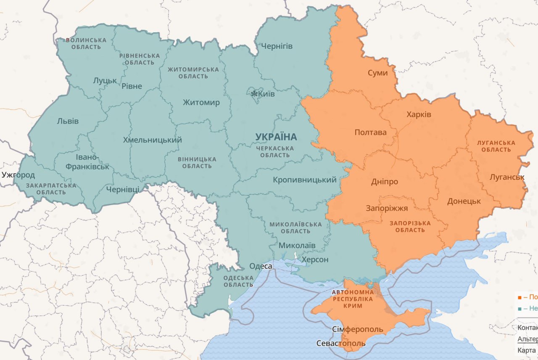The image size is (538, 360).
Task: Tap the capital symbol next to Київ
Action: pos(254,94)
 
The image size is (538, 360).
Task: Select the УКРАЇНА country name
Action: pos(276,137)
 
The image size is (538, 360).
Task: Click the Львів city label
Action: pos(68,121)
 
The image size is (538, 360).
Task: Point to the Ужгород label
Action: pos(18,175)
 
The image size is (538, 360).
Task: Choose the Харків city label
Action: pos(419,114)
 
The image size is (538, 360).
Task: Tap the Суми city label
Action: pos(377,73)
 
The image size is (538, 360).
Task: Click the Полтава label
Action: pos(370,132)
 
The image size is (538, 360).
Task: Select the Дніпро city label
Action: pos(384,182)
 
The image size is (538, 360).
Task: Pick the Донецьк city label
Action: pos(464,201)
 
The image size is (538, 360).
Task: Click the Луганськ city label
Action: pos(507,177)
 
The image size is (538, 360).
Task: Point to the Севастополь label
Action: pos(341,344)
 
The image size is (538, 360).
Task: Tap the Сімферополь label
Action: pos(357,329)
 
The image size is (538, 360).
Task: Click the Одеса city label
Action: pos(261,266)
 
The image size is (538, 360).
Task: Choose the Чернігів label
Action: pos(277,46)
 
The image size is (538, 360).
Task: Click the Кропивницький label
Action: pos(305,180)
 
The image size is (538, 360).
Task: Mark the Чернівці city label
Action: pos(122,190)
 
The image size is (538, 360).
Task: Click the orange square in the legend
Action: pos(520,296)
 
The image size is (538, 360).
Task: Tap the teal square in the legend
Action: pos(520,309)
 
